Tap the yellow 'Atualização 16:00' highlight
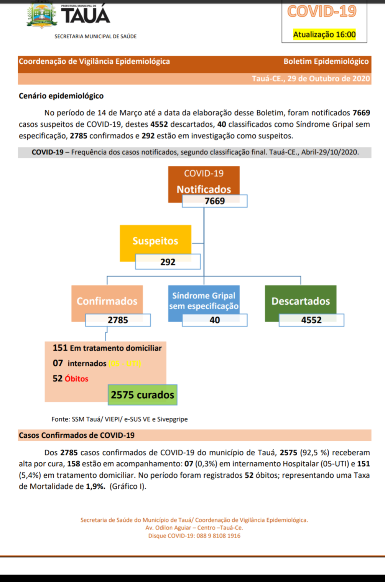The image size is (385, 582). click(324, 35)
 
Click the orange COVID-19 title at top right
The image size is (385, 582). click(322, 12)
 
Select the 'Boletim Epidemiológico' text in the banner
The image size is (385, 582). click(326, 61)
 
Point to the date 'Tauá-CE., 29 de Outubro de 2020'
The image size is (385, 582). click(311, 79)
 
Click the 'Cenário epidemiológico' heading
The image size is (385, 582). click(61, 96)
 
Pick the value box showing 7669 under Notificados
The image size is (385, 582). click(214, 201)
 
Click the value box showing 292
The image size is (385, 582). click(168, 262)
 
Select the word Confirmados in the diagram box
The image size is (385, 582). click(107, 301)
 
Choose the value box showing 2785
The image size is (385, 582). click(118, 320)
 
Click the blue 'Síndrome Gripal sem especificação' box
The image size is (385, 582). click(204, 300)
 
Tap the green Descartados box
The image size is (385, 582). click(301, 301)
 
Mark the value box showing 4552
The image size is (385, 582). click(311, 320)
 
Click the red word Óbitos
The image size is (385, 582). click(76, 379)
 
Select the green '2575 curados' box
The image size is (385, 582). click(142, 395)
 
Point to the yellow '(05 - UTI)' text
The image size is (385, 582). click(125, 363)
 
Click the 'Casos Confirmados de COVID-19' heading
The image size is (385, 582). click(77, 435)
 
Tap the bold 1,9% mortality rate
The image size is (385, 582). click(95, 486)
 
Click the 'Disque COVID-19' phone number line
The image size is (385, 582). click(194, 536)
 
